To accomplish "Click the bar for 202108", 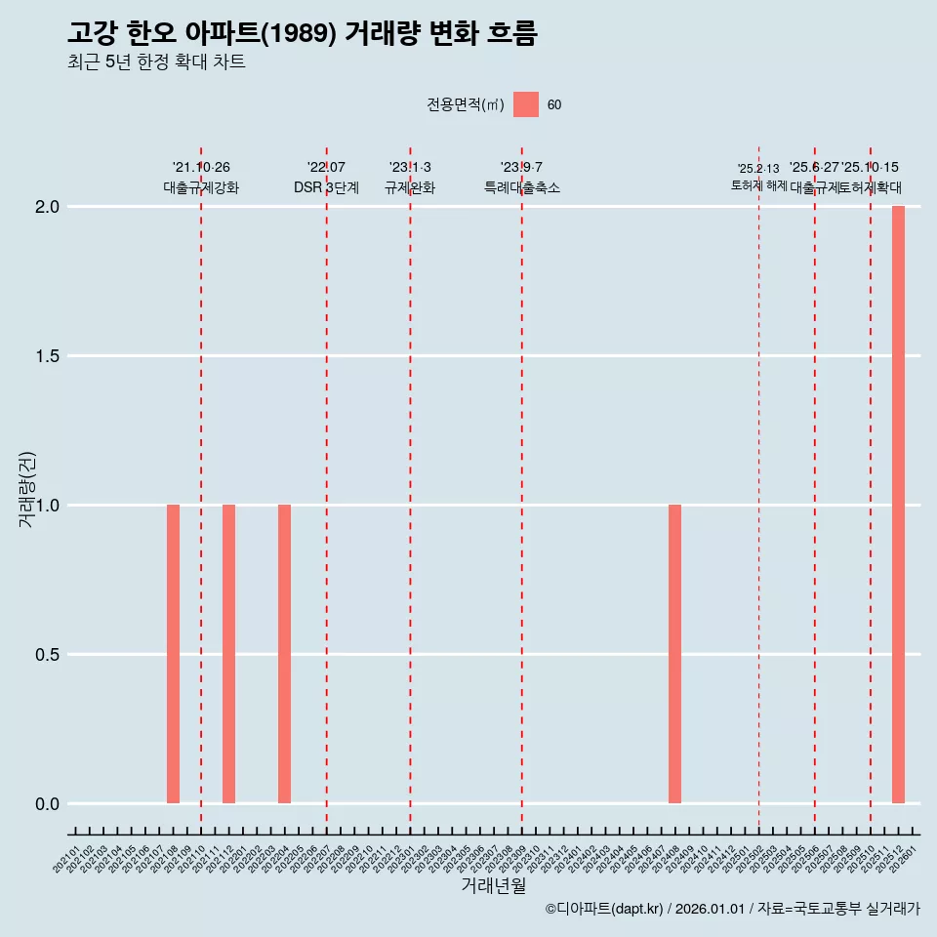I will (x=173, y=654).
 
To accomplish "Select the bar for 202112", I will (x=228, y=654).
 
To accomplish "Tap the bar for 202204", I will (x=284, y=654).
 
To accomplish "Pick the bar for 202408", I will (x=674, y=654).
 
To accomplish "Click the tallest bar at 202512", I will (x=898, y=505).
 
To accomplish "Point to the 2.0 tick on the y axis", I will (x=48, y=207).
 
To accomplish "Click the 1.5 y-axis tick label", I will (x=48, y=356).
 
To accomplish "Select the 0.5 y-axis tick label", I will (x=48, y=655).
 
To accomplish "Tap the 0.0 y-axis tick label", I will (x=48, y=804).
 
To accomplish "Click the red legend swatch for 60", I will (x=526, y=104).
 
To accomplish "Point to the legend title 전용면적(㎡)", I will (x=465, y=105).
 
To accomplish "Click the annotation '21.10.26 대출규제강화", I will (x=201, y=178).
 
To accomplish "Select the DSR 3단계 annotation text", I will (x=326, y=188).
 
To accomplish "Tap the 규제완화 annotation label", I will (x=410, y=188).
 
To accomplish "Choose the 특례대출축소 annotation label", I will (x=522, y=188).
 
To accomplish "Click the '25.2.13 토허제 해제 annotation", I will (x=758, y=178).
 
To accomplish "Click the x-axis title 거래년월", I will (x=493, y=886).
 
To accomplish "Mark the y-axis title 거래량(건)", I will (x=27, y=488).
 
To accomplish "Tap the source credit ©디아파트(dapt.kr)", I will (x=604, y=910).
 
